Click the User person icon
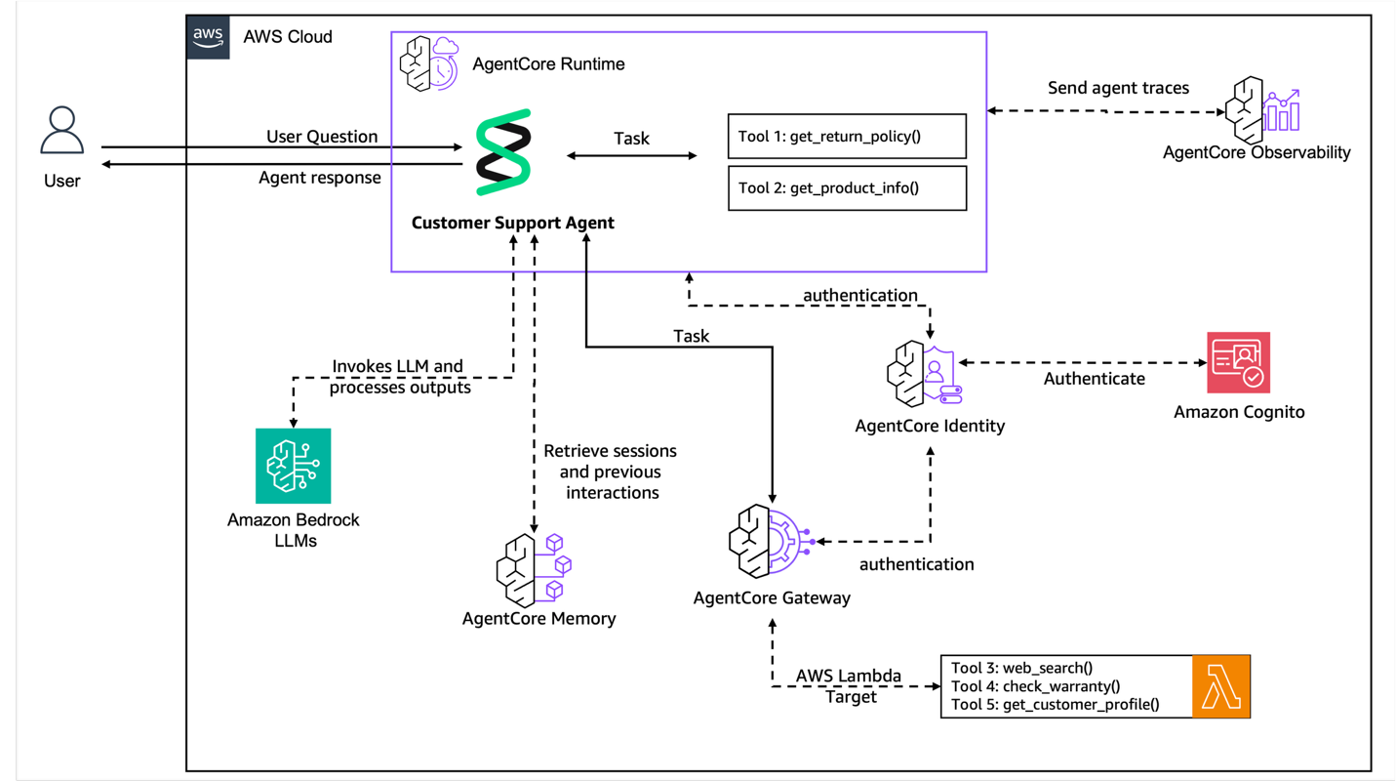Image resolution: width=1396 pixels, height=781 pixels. (x=61, y=131)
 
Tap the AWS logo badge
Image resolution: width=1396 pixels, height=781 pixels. (x=209, y=37)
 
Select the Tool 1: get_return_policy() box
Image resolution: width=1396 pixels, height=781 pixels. (x=847, y=137)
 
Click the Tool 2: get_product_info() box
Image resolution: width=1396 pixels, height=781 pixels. (x=847, y=188)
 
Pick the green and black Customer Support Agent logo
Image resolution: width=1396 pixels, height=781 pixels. (x=503, y=152)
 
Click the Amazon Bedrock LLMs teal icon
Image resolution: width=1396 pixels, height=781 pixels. (x=294, y=466)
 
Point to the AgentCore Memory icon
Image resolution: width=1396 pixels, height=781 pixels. (x=533, y=569)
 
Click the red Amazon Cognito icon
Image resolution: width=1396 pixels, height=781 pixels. (x=1239, y=362)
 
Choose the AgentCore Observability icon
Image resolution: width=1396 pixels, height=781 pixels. (x=1263, y=109)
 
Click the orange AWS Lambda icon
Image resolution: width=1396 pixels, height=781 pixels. (x=1221, y=687)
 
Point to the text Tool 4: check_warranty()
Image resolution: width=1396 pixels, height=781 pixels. (x=1036, y=686)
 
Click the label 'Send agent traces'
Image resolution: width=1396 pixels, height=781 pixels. (x=1118, y=88)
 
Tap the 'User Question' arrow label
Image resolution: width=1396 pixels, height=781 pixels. (x=322, y=137)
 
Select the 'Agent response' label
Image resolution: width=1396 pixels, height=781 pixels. (x=320, y=178)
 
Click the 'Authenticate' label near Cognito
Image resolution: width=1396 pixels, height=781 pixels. (x=1095, y=379)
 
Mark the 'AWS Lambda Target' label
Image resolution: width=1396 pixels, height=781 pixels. (x=850, y=686)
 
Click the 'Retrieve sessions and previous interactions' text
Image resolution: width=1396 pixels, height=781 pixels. (x=611, y=472)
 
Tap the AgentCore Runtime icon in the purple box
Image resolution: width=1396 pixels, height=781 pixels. (x=428, y=63)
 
